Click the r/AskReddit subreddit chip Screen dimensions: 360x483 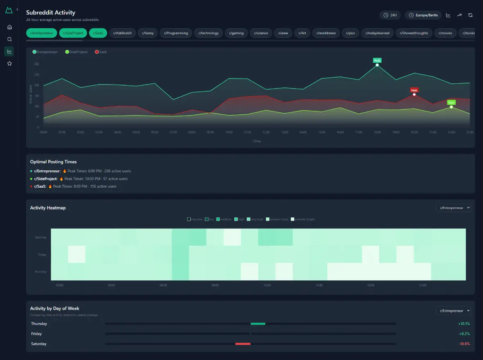(x=122, y=33)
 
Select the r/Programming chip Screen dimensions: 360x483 (x=177, y=33)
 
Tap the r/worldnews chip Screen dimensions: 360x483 (x=326, y=33)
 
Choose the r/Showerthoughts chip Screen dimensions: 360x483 (x=415, y=33)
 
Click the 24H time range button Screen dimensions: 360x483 (x=390, y=15)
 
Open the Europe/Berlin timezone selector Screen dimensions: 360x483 (x=423, y=15)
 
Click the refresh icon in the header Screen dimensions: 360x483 (x=470, y=15)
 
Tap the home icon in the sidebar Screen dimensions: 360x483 (x=10, y=27)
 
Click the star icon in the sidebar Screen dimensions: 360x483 (x=10, y=63)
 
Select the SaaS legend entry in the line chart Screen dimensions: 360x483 (x=101, y=52)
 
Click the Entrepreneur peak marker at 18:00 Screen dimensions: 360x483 (x=377, y=65)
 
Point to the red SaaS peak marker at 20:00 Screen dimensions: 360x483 (x=414, y=94)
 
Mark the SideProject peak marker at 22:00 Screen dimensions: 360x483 (x=451, y=107)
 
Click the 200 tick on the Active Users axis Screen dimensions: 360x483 (x=36, y=85)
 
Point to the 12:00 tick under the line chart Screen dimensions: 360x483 (x=266, y=132)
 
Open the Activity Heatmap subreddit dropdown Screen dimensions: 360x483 (x=453, y=208)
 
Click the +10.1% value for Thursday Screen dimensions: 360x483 (x=464, y=324)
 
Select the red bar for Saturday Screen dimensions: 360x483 (x=243, y=344)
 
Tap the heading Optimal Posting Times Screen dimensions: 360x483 (x=53, y=162)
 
